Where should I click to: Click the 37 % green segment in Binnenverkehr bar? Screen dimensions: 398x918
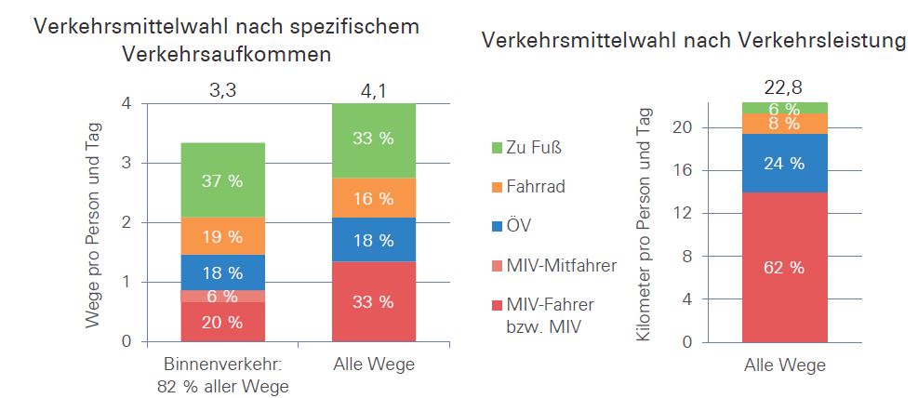[222, 180]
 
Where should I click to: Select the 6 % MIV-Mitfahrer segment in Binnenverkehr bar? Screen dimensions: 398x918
[222, 297]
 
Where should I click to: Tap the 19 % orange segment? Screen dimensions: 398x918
[222, 236]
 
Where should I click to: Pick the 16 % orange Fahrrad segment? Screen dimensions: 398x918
[374, 198]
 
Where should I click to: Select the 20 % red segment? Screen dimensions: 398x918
[222, 323]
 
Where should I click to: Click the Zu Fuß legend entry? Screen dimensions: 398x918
[532, 147]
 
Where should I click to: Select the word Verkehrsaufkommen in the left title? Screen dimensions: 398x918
[226, 54]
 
